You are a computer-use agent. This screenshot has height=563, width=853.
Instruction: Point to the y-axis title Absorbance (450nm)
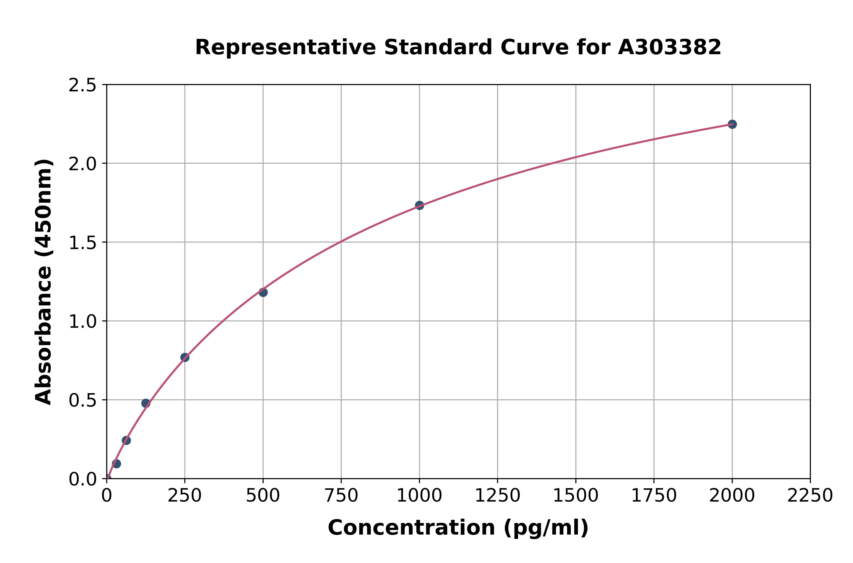click(x=44, y=282)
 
